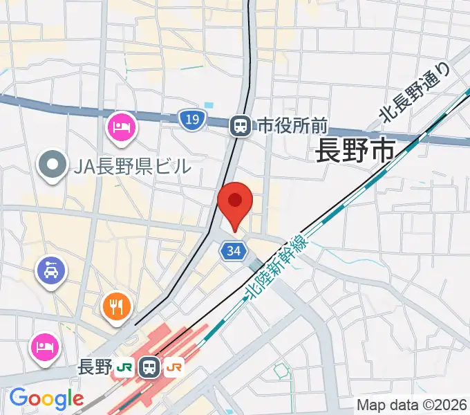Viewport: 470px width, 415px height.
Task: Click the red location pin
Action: pos(235,201)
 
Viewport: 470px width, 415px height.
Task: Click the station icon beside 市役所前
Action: pos(241,125)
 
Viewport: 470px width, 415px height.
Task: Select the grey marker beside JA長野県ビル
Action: pos(52,165)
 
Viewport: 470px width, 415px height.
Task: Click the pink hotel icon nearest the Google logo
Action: pos(44,344)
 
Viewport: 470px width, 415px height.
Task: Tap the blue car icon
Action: pos(52,268)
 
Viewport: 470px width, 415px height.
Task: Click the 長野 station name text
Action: pos(95,367)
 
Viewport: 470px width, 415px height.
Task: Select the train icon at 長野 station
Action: pos(149,367)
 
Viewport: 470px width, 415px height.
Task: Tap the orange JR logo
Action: pos(173,367)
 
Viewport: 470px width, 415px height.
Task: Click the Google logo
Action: pos(46,399)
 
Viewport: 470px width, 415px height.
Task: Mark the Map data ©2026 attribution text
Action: pos(411,405)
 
